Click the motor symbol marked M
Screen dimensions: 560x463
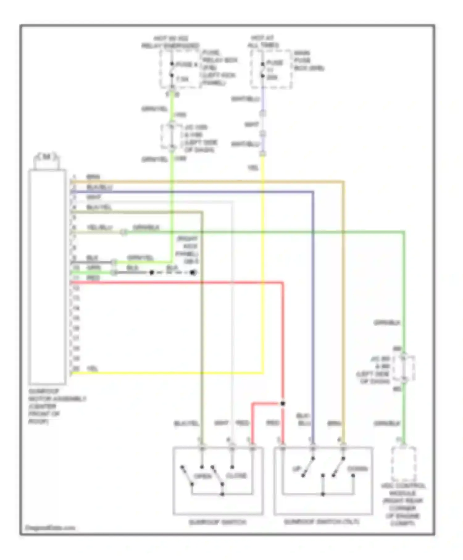(x=46, y=157)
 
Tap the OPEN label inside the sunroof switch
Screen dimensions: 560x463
(x=202, y=476)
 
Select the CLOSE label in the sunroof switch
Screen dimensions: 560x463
(x=236, y=476)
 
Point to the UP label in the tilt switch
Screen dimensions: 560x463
(x=296, y=469)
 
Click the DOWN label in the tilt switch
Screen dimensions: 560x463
(x=357, y=469)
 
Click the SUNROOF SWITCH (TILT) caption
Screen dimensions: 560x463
(x=322, y=522)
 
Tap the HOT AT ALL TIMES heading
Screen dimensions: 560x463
(x=263, y=41)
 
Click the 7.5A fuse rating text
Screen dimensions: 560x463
(x=182, y=79)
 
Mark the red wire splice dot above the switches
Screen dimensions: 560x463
(x=283, y=403)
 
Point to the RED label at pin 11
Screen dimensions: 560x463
(x=93, y=278)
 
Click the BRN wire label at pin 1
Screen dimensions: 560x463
(x=93, y=177)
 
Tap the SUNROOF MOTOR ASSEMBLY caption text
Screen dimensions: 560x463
(x=57, y=406)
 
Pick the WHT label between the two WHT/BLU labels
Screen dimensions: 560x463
(x=252, y=125)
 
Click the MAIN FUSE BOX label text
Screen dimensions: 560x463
(x=309, y=61)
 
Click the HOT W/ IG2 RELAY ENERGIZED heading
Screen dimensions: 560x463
(x=170, y=42)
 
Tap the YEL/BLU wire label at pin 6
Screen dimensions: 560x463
(x=99, y=228)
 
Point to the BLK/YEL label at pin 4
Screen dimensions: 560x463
(x=99, y=207)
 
